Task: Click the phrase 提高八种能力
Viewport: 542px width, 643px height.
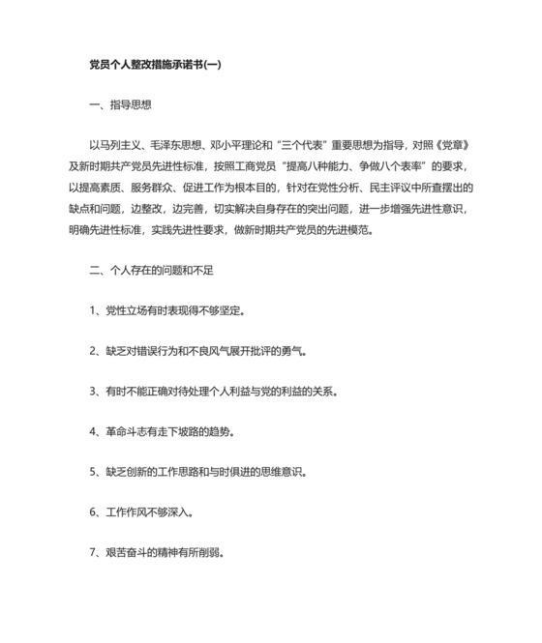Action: [338, 167]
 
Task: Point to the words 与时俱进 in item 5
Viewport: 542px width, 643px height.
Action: [243, 473]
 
